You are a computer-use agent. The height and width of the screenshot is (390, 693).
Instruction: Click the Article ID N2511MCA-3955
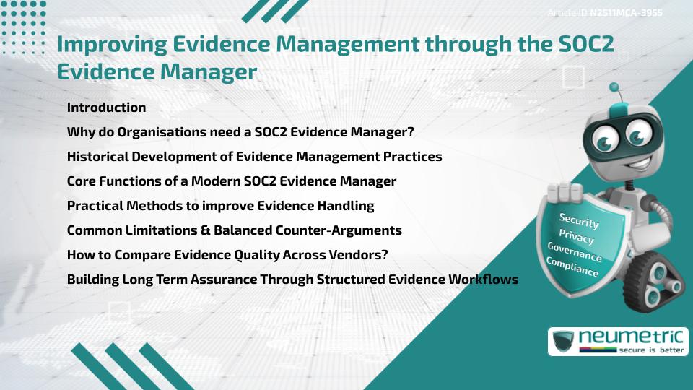point(615,12)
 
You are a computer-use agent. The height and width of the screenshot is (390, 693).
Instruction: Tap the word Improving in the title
point(105,45)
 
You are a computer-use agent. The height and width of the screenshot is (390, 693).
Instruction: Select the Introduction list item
point(106,108)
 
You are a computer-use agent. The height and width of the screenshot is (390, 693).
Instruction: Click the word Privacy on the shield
point(576,238)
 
